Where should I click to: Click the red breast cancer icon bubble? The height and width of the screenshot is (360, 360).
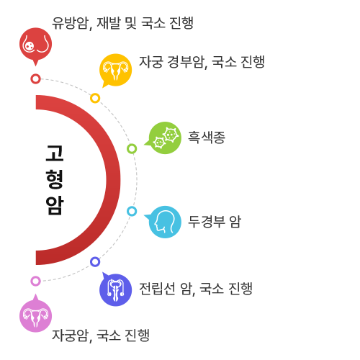click(x=35, y=45)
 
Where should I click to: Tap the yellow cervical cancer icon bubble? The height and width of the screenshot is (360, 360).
click(x=115, y=70)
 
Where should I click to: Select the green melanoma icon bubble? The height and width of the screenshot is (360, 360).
click(x=164, y=138)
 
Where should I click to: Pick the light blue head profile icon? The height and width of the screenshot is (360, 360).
click(x=164, y=222)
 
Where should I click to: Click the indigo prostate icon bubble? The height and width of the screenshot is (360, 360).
click(x=115, y=289)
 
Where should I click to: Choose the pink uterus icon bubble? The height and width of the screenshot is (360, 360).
click(x=35, y=315)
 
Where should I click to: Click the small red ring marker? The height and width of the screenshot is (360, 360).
click(x=35, y=78)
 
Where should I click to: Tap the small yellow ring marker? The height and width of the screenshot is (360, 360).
click(x=95, y=98)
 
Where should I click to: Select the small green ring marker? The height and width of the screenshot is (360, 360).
click(x=132, y=149)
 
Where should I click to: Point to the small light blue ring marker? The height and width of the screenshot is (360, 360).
click(x=132, y=211)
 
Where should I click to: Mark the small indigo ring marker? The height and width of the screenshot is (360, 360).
click(x=95, y=262)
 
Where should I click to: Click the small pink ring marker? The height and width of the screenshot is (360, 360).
click(x=35, y=281)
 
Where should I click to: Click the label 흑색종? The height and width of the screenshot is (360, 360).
click(x=207, y=138)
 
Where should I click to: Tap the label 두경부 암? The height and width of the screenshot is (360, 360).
click(x=215, y=222)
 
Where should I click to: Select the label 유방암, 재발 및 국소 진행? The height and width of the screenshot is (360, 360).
click(x=122, y=23)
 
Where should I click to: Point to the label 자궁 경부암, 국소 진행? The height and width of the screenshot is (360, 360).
click(x=202, y=62)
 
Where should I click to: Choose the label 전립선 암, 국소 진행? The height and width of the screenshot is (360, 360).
click(x=196, y=289)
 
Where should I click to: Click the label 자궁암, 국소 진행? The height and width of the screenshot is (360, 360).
click(x=101, y=336)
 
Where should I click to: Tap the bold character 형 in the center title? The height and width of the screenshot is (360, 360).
click(x=55, y=179)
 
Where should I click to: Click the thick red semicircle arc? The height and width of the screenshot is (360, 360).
click(x=113, y=180)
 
